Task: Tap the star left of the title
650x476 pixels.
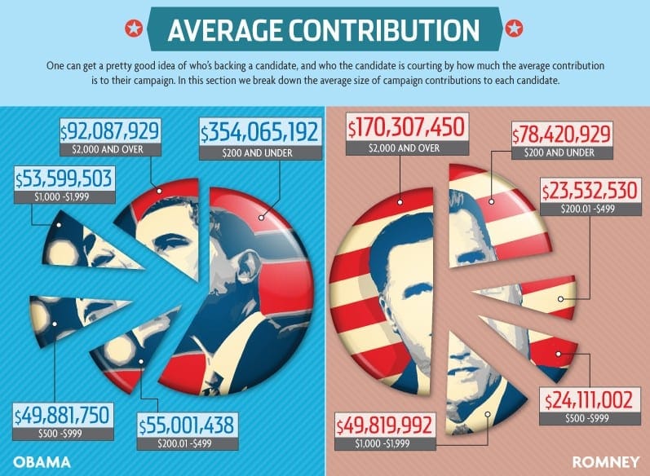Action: (x=131, y=30)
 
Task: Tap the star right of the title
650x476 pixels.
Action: (x=515, y=30)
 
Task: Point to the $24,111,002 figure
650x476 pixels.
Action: (x=590, y=400)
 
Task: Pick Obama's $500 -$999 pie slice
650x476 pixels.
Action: (x=69, y=318)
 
